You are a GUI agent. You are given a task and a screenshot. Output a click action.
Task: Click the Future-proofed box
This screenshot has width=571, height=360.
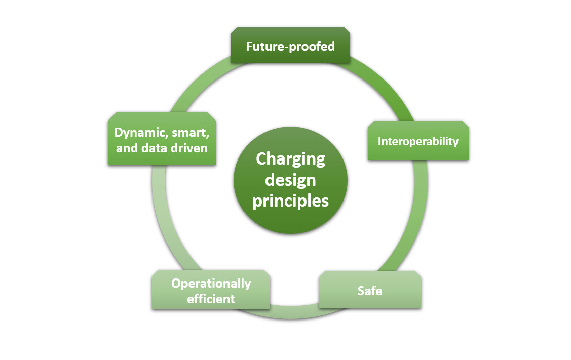[290, 46]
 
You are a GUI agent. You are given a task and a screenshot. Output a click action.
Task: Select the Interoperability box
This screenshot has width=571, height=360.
[418, 141]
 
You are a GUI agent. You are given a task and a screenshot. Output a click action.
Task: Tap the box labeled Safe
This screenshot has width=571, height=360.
[370, 290]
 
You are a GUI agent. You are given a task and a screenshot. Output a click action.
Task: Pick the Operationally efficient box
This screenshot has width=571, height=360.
[211, 290]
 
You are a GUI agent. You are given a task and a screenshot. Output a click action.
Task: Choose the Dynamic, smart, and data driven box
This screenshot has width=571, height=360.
[162, 139]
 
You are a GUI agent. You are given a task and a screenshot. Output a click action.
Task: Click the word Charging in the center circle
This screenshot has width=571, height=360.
[290, 159]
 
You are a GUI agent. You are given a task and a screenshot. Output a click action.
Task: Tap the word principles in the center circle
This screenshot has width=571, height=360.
[290, 201]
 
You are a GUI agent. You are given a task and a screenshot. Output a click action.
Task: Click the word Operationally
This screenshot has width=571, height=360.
[211, 283]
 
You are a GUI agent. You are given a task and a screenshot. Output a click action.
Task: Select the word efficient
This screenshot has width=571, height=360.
[211, 299]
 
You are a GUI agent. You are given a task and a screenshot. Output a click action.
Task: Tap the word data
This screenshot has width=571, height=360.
[155, 148]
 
